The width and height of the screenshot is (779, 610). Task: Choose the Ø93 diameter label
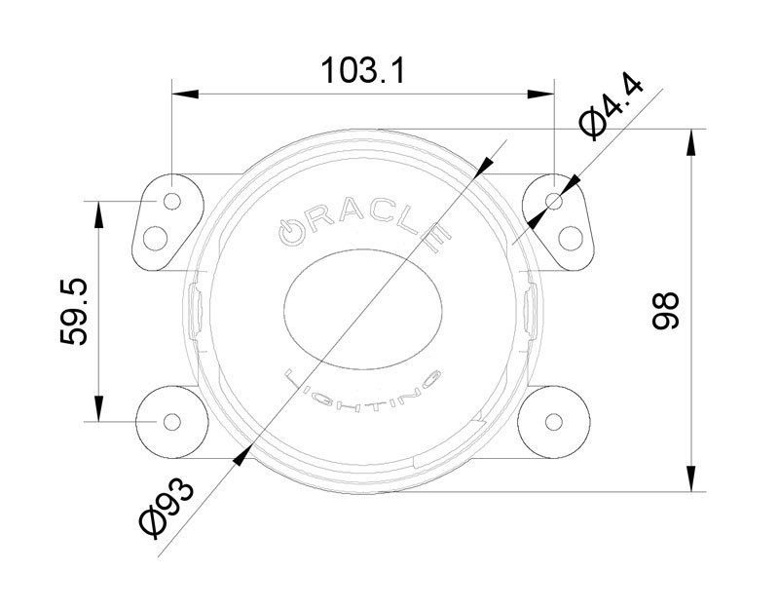(x=167, y=507)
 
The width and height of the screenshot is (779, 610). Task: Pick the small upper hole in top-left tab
(x=172, y=202)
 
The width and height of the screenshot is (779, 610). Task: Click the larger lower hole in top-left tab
(x=156, y=237)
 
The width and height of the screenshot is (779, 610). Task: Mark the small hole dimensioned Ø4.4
(x=555, y=202)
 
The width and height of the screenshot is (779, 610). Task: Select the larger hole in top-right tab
(x=572, y=237)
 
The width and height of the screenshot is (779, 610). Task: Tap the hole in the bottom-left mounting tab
(x=172, y=421)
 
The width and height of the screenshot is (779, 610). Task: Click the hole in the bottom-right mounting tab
(x=555, y=421)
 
